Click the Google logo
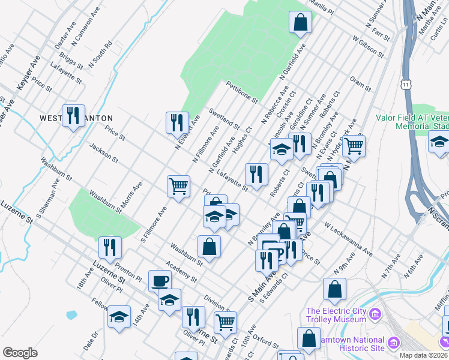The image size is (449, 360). (x=20, y=352)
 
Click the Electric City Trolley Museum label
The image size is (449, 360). (x=336, y=315)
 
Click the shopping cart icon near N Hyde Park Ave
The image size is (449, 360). (x=354, y=145)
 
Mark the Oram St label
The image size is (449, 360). (x=360, y=84)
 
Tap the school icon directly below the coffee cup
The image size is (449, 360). (x=169, y=299)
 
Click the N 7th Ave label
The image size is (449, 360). (x=391, y=266)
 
